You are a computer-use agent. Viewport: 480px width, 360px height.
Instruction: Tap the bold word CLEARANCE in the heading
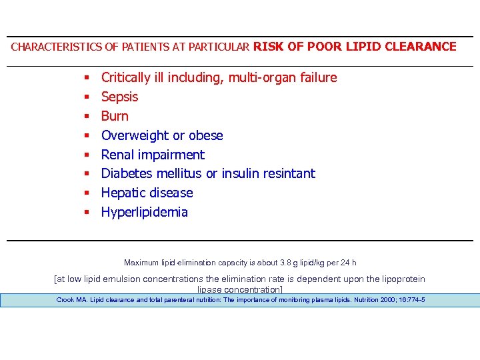(424, 47)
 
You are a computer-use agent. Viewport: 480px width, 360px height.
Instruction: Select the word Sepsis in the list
(119, 97)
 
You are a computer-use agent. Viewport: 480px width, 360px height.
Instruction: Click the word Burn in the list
(115, 117)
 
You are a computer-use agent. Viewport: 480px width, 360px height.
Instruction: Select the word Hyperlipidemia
(144, 213)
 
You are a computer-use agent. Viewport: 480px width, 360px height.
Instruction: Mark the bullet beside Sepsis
(87, 97)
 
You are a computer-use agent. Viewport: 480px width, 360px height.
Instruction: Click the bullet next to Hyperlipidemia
(87, 213)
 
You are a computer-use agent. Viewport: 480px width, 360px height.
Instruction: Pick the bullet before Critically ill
(87, 78)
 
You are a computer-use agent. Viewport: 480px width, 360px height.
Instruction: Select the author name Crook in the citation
(65, 300)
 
